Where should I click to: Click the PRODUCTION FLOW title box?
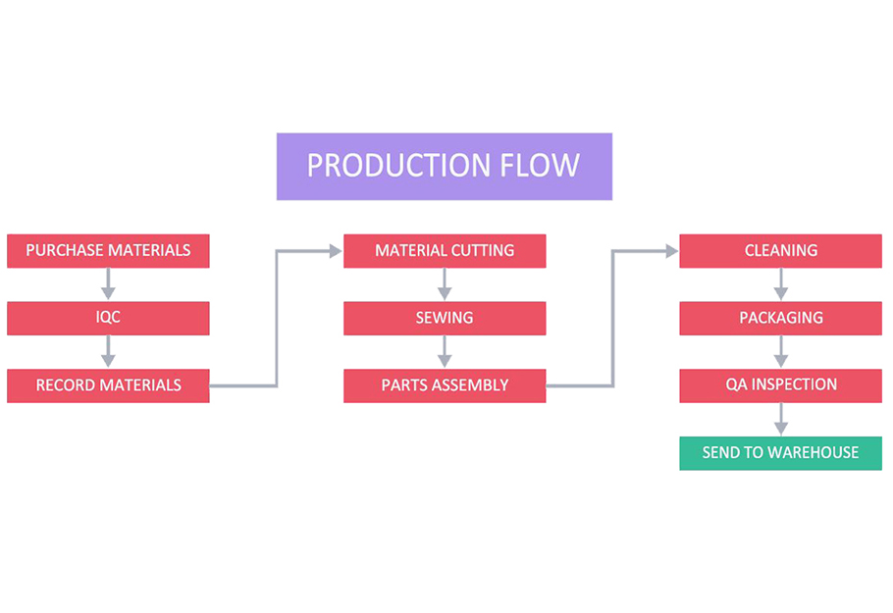[445, 166]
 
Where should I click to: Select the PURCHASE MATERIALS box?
[108, 250]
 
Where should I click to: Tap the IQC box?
[108, 318]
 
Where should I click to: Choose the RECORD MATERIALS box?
[108, 385]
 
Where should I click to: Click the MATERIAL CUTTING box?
[445, 250]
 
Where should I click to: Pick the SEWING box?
[445, 318]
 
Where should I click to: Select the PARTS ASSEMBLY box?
[445, 385]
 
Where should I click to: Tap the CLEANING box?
[781, 250]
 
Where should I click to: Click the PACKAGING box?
[781, 318]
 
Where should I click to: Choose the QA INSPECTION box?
[781, 385]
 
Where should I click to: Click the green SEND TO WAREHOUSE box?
[781, 453]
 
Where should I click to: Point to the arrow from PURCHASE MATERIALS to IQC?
[108, 284]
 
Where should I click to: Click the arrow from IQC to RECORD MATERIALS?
[108, 352]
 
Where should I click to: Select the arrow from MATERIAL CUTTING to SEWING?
[445, 284]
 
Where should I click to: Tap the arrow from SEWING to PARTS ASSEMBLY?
[445, 352]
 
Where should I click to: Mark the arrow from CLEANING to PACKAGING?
[781, 284]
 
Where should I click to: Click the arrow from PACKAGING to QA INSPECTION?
[781, 352]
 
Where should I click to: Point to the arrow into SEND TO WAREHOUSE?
[781, 419]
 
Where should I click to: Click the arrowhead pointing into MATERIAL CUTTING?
[336, 250]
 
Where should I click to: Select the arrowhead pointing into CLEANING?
[672, 250]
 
